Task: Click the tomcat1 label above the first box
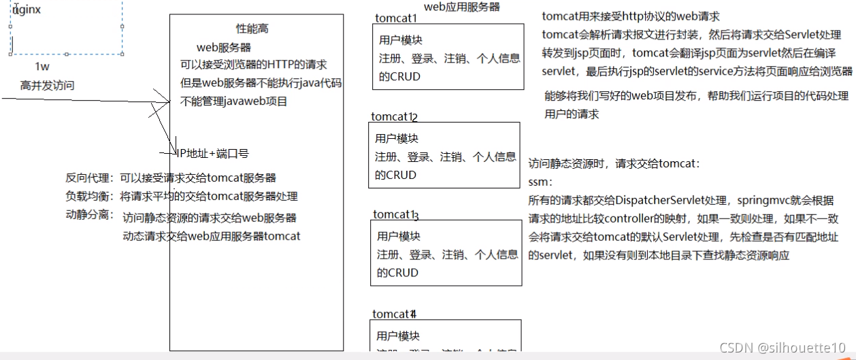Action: [x=396, y=18]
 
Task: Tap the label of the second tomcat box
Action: [x=394, y=117]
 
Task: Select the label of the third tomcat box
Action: [x=395, y=215]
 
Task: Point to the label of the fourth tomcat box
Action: [x=394, y=314]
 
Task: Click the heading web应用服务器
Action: [x=462, y=6]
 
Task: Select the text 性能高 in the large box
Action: [x=252, y=29]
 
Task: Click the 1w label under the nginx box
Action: [x=42, y=67]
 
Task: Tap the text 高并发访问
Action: [x=47, y=85]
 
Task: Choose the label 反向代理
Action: [x=89, y=178]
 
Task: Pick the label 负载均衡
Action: [x=89, y=197]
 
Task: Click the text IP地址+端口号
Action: [x=212, y=154]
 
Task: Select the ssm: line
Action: [x=540, y=182]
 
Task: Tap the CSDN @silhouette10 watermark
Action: [x=783, y=348]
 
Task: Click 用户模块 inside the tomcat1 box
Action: [x=401, y=40]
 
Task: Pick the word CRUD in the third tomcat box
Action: [x=406, y=273]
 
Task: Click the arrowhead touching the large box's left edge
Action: [x=166, y=102]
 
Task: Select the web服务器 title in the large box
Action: [x=224, y=47]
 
